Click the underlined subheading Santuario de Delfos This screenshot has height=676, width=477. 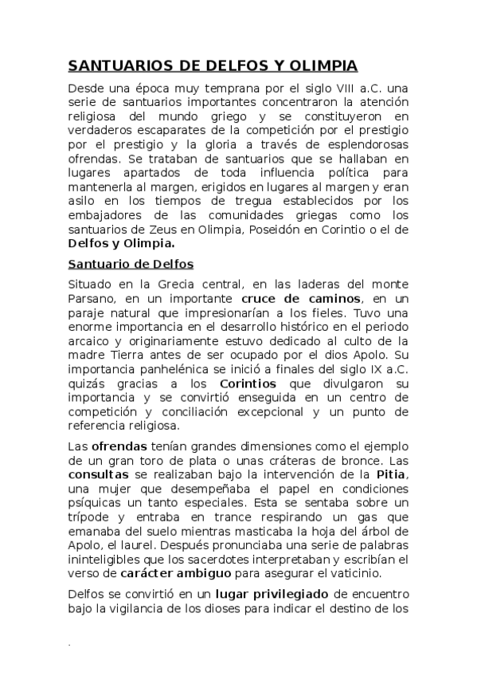pos(131,264)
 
